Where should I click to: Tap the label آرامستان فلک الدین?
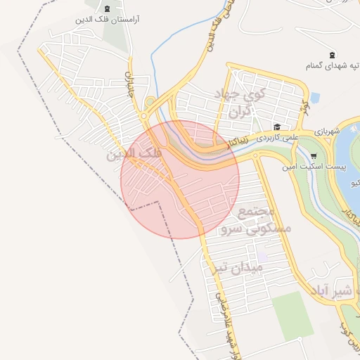coord(108,20)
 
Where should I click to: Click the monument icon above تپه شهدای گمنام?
coord(332,55)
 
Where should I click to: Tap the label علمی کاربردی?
coord(277,135)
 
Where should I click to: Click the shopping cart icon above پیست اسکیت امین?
coord(313,156)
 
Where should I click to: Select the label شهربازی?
coord(327,131)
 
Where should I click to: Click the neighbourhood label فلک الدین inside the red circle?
coord(134,153)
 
